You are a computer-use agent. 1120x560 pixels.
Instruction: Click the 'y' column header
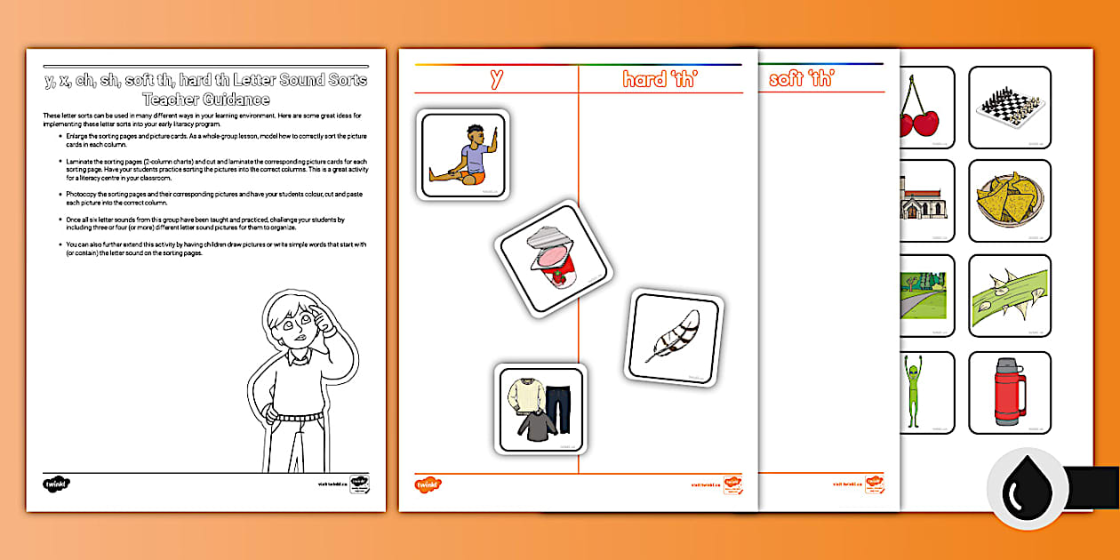pos(496,79)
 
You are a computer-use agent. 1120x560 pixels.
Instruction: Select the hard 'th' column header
pos(660,79)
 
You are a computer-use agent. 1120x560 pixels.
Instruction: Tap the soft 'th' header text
pos(800,79)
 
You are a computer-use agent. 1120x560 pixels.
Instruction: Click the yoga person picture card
pos(462,155)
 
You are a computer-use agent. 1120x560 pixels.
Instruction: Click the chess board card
pos(1009,107)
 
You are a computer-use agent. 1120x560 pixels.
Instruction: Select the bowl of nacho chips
pos(1009,202)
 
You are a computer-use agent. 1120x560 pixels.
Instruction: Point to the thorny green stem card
pos(1009,297)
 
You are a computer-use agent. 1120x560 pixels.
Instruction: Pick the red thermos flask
pos(1009,393)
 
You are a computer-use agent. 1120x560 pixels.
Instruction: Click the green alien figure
pos(916,393)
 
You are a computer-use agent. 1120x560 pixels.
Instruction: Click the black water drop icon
pos(1028,489)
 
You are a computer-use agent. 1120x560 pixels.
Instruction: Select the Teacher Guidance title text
pos(206,90)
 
